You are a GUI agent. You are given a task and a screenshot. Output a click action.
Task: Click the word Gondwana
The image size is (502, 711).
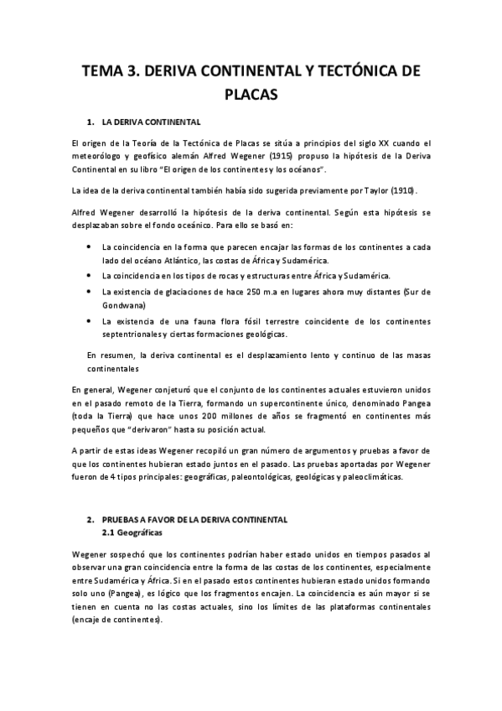click(x=123, y=305)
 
